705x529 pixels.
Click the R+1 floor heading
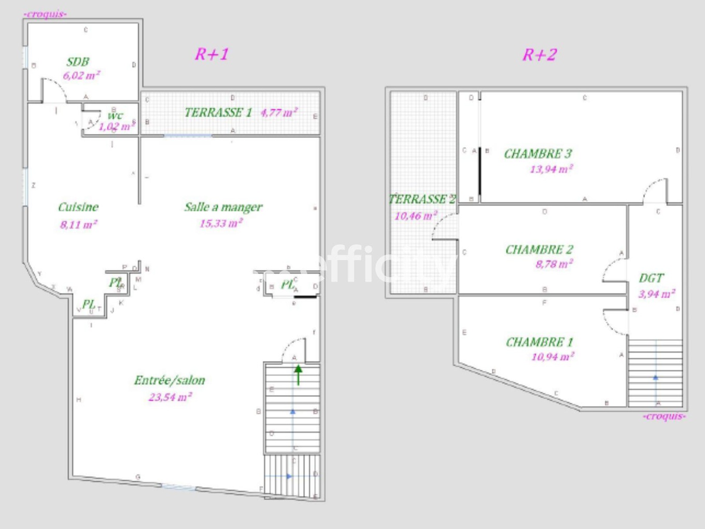(x=212, y=54)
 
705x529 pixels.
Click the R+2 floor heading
(x=540, y=55)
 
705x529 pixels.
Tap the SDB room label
(x=78, y=62)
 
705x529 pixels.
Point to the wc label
(x=115, y=115)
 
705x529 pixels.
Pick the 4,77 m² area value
(x=279, y=113)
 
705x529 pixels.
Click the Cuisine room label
(x=78, y=207)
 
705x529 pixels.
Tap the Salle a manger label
(x=223, y=207)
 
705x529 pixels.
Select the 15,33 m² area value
(x=221, y=224)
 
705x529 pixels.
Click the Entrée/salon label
(x=170, y=380)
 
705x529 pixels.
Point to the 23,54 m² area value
(x=170, y=397)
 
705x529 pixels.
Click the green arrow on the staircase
(x=299, y=374)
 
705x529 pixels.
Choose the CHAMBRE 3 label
(x=538, y=154)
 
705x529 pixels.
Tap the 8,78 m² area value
(x=554, y=264)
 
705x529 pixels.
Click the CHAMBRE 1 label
(x=539, y=342)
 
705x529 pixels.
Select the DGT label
(x=651, y=279)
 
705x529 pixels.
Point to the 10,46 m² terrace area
(x=416, y=216)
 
